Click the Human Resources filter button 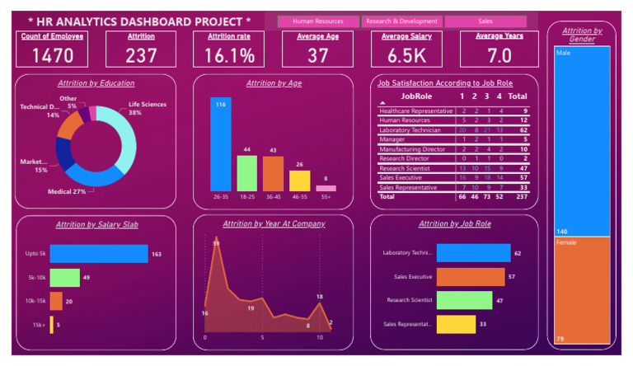tap(318, 21)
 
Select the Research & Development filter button tap(401, 21)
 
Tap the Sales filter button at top tap(485, 21)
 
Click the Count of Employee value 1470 tap(53, 55)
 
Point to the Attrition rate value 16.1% tap(230, 55)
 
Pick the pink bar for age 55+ tap(326, 188)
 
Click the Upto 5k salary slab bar tap(98, 254)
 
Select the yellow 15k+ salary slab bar tap(51, 325)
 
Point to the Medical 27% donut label tap(67, 191)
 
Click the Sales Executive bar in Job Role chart tap(471, 277)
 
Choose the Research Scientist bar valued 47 tap(464, 301)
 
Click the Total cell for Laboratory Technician tap(523, 130)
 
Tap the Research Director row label tap(406, 158)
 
